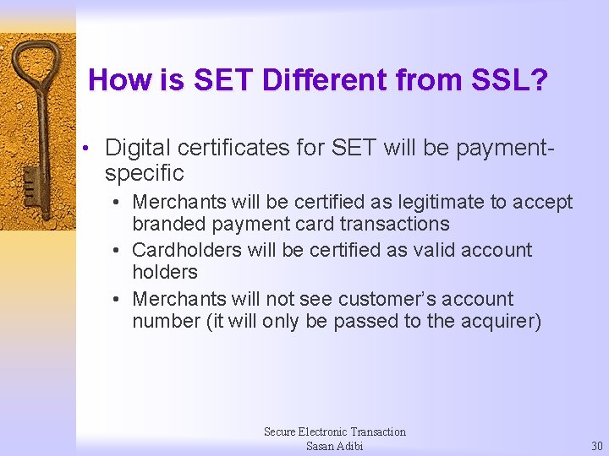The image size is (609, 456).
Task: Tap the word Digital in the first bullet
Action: click(x=138, y=149)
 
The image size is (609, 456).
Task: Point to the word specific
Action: click(x=144, y=174)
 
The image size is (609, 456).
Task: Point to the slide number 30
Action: click(x=597, y=446)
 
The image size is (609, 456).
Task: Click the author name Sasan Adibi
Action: click(x=334, y=446)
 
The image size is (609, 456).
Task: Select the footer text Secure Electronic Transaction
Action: click(x=334, y=432)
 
